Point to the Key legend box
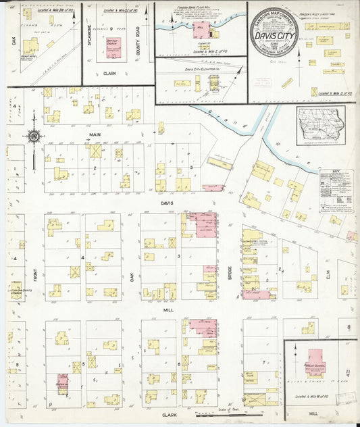tap(336, 191)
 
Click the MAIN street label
tap(94, 135)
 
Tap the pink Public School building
tap(315, 361)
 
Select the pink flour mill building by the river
tap(201, 30)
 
